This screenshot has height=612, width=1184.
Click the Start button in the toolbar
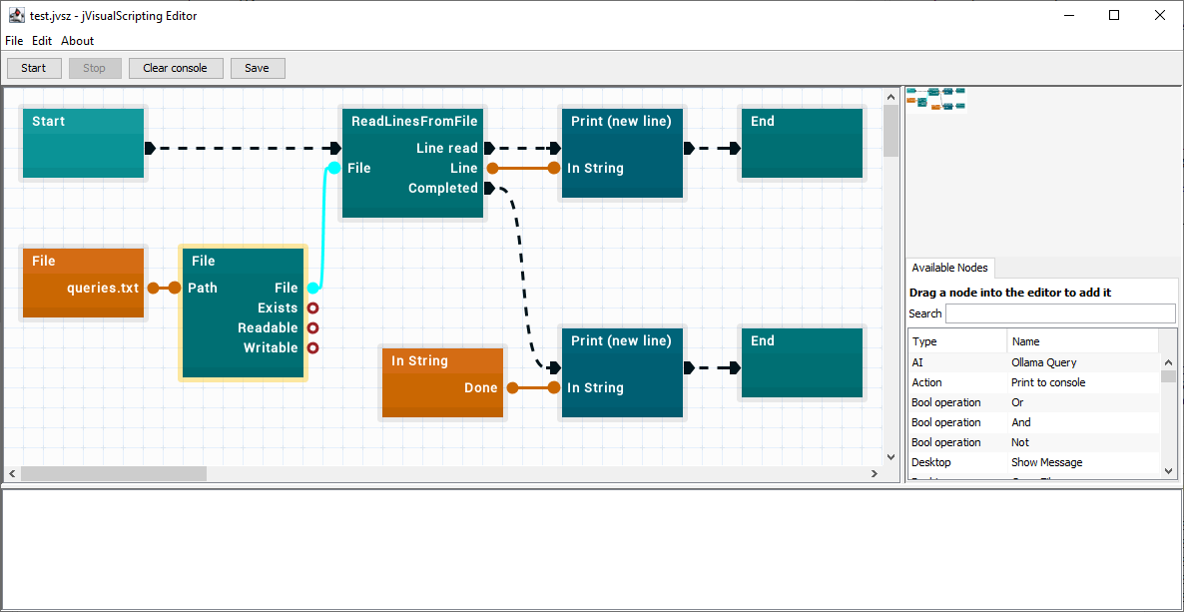coord(33,68)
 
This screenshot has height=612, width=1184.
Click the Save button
coord(257,68)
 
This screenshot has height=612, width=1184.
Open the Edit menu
coord(42,41)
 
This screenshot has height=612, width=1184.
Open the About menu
coord(77,41)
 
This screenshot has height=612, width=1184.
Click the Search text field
coord(1060,313)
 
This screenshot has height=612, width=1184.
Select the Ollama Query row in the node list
coord(1043,362)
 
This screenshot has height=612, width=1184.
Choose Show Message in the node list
coord(1046,462)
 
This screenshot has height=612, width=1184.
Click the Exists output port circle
coord(312,308)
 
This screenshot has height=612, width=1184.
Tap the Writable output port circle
coord(312,348)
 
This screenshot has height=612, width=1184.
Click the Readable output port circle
coord(312,327)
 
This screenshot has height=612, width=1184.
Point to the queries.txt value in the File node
coord(103,288)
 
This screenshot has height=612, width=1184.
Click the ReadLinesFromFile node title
coord(414,121)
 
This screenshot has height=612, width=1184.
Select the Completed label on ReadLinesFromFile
coord(443,188)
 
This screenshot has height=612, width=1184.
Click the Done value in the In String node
coord(481,388)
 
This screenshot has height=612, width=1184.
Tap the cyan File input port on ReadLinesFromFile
coord(333,168)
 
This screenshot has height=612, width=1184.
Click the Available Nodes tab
coord(950,268)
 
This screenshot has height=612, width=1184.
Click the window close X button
coord(1160,15)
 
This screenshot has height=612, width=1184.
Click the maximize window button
coord(1114,15)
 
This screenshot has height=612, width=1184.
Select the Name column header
coord(1025,341)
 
